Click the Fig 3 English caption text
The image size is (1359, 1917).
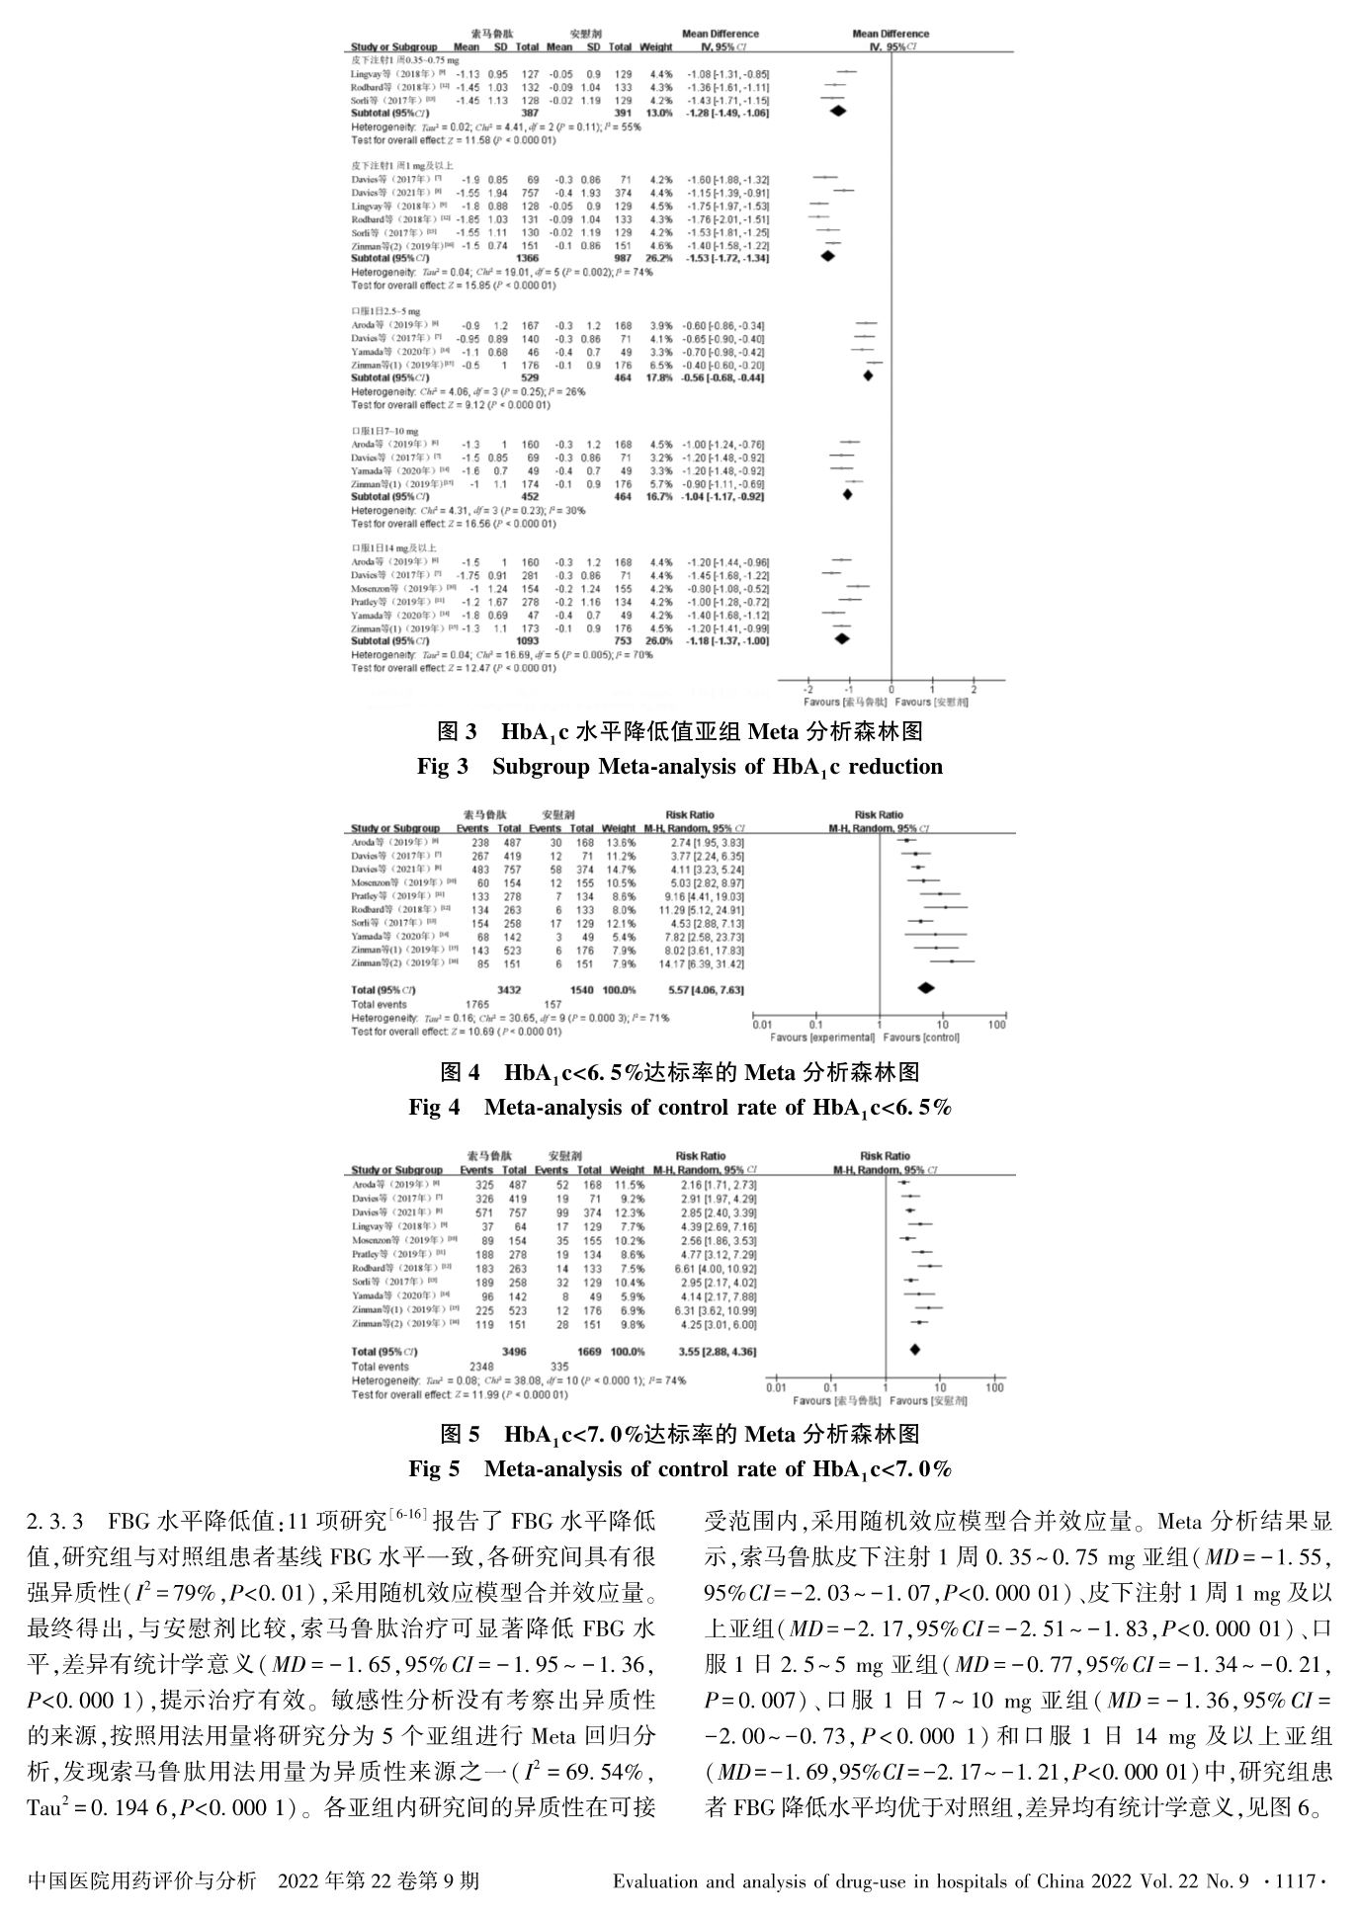tap(679, 767)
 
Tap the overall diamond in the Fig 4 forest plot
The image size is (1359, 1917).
tap(926, 988)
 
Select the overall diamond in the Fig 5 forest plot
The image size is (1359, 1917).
tap(914, 1350)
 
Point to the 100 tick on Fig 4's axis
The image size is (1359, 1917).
tap(997, 1026)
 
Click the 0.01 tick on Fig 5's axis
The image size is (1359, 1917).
tap(777, 1387)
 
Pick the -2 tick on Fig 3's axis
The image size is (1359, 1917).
tap(808, 689)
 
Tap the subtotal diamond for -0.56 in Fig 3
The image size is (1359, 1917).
tap(868, 375)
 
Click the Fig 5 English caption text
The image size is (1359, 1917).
tap(679, 1469)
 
